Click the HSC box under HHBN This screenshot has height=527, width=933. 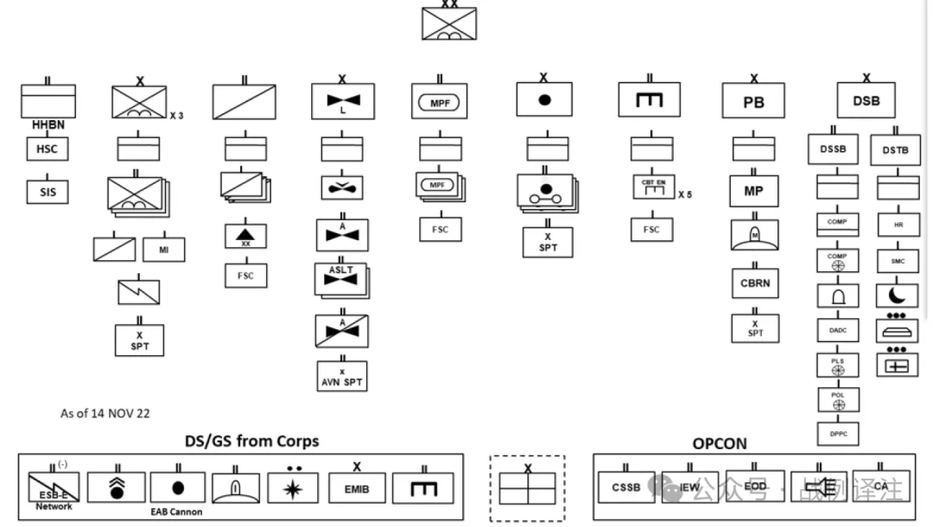pos(48,149)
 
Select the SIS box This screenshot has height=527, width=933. pos(48,192)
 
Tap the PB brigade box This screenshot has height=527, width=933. pos(753,101)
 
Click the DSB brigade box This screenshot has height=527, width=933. pos(866,101)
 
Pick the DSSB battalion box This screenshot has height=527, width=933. pos(833,149)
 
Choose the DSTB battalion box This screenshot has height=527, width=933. pos(896,149)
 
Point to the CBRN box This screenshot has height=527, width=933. pos(754,283)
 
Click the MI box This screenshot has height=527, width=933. pos(164,249)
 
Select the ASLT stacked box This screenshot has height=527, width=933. pos(341,276)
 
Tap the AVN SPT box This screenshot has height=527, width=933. pos(342,377)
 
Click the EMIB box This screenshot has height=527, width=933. pos(357,489)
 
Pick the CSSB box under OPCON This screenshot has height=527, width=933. pos(626,487)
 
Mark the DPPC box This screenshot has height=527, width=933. pos(837,434)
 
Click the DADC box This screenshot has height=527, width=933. pos(837,330)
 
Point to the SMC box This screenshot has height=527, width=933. pos(898,260)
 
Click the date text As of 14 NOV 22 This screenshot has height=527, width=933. pos(105,414)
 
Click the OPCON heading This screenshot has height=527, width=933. pos(719,443)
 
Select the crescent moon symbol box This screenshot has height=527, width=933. pos(898,295)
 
